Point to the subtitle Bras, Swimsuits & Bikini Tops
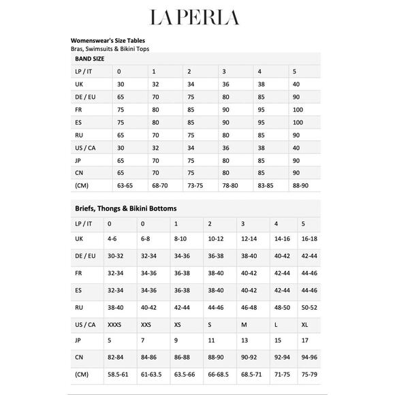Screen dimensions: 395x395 click(x=110, y=50)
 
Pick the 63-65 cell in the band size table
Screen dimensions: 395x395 click(x=125, y=185)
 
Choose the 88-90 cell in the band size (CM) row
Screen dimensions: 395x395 click(x=300, y=185)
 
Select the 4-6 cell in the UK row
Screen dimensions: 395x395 click(x=112, y=239)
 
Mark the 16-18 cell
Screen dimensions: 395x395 click(x=309, y=239)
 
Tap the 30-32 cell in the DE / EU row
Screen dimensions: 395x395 click(x=116, y=255)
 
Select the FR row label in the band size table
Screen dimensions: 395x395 click(x=79, y=109)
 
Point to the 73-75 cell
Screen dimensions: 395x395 click(x=195, y=185)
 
